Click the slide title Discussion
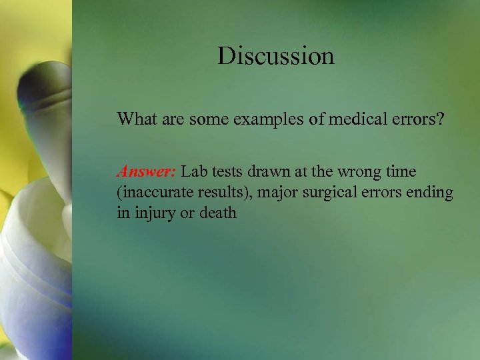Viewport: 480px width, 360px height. click(275, 55)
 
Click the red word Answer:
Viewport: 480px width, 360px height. click(145, 173)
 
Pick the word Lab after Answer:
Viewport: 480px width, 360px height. click(194, 173)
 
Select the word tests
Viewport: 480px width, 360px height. click(228, 173)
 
